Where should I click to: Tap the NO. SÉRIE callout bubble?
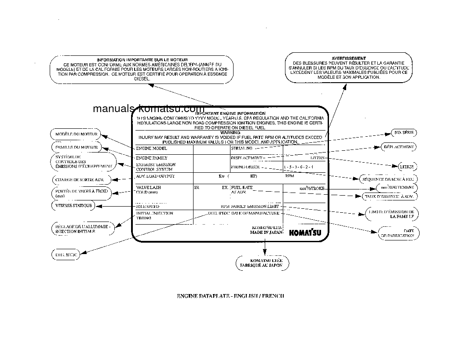pos(404,132)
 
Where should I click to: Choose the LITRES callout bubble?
pos(406,167)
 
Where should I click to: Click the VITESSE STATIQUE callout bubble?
pos(73,205)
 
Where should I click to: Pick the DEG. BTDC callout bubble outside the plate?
pos(66,255)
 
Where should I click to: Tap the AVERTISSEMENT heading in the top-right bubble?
pos(349,58)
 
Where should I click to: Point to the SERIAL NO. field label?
pos(241,149)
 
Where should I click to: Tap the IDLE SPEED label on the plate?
pos(148,206)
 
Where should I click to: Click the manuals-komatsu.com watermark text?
pos(149,109)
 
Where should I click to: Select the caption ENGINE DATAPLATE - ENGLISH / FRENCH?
pos(230,296)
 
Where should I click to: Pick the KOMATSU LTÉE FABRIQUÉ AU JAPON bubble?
pos(263,263)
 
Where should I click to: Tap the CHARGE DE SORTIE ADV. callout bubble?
pos(79,179)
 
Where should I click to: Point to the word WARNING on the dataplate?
pos(230,132)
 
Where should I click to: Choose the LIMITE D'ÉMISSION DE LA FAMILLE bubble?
pos(391,214)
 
